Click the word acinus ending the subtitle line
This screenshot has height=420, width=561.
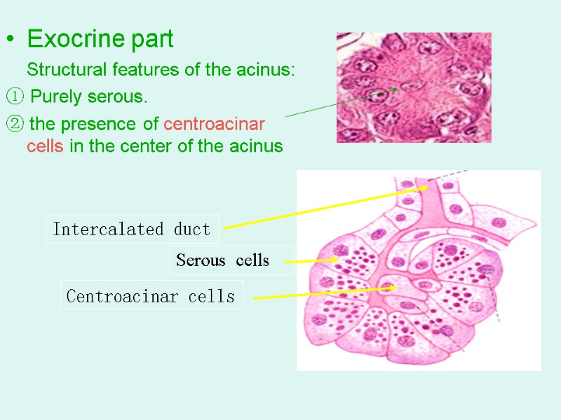pyautogui.click(x=271, y=71)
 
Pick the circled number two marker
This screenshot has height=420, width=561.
pyautogui.click(x=15, y=125)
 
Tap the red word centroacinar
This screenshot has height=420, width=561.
pyautogui.click(x=214, y=125)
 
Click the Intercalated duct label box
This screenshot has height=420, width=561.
pyautogui.click(x=132, y=229)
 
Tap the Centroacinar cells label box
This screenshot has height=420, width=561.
pyautogui.click(x=151, y=296)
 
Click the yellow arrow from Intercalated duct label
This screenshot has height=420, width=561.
pyautogui.click(x=323, y=206)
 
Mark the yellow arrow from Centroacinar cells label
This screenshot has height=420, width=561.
pyautogui.click(x=323, y=293)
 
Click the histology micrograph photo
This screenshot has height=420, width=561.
pyautogui.click(x=413, y=87)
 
